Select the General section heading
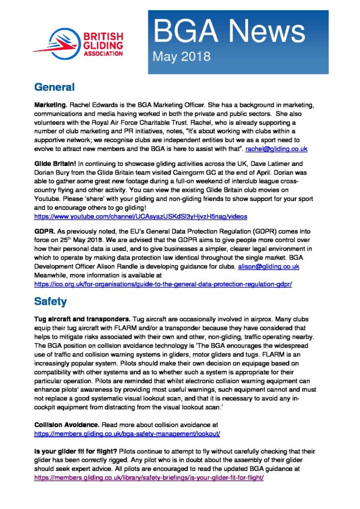click(54, 87)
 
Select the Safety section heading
click(51, 301)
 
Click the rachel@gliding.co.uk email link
click(281, 149)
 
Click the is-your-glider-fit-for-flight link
click(149, 477)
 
